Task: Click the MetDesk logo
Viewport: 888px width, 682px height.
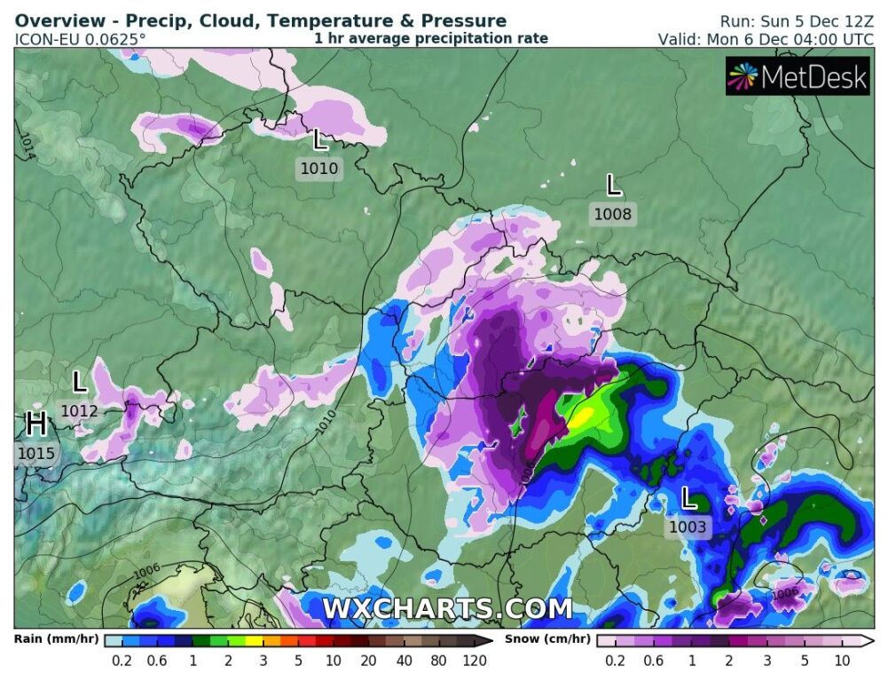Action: click(x=797, y=77)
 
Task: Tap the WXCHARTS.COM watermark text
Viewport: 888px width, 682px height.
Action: click(x=446, y=609)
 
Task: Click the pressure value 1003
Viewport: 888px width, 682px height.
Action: click(x=688, y=527)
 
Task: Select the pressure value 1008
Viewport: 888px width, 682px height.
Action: click(x=613, y=214)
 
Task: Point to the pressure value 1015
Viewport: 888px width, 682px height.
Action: click(x=36, y=454)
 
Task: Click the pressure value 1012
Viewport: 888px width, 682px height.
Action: click(x=79, y=411)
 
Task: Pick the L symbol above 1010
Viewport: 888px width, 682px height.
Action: click(x=320, y=139)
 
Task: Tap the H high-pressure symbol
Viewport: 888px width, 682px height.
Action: click(x=36, y=424)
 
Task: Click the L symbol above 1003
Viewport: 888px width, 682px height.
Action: click(x=688, y=498)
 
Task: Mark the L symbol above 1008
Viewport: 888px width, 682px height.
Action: click(x=613, y=186)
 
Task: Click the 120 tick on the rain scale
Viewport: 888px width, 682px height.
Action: click(x=475, y=661)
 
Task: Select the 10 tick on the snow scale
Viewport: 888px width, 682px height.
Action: click(x=842, y=661)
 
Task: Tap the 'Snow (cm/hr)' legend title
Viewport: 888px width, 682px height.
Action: click(x=547, y=638)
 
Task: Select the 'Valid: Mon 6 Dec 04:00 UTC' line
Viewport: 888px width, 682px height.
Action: click(x=766, y=39)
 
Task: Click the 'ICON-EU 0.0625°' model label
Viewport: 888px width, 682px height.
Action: click(x=81, y=39)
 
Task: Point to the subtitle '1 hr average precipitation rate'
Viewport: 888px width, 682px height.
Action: click(x=431, y=38)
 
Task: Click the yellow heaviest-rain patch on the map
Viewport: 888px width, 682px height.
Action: click(x=584, y=416)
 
